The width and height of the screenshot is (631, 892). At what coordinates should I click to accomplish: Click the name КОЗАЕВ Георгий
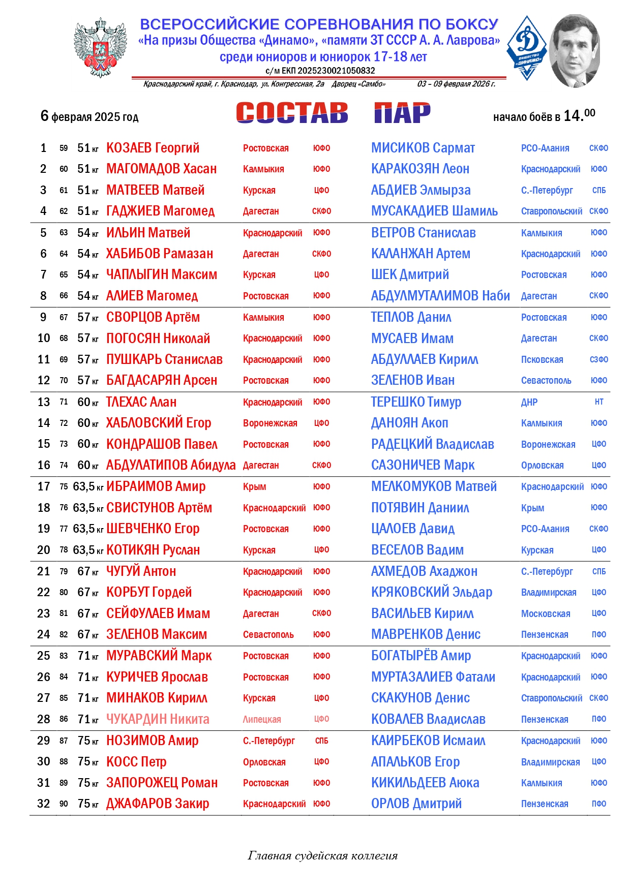tap(153, 148)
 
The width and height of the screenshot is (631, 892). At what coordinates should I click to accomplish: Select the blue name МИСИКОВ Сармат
tap(423, 148)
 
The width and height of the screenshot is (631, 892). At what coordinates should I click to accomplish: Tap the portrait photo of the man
tap(574, 51)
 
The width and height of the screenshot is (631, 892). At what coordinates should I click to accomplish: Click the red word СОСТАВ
tap(292, 113)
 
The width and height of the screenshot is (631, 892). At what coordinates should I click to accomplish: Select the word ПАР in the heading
tap(402, 113)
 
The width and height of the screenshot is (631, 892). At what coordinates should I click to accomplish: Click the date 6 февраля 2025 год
tap(89, 116)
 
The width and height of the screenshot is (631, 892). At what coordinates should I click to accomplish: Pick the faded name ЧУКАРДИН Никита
tap(158, 719)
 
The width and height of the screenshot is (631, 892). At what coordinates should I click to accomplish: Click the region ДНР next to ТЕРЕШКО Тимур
tap(529, 402)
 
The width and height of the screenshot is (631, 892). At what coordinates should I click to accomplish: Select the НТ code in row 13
tap(599, 402)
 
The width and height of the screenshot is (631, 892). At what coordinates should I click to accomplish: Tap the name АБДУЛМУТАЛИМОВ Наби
tap(440, 296)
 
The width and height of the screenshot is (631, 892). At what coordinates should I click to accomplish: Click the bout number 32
tap(44, 804)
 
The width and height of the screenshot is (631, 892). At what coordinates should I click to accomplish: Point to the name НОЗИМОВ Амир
tap(152, 741)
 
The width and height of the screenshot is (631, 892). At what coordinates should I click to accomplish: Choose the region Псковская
tap(542, 360)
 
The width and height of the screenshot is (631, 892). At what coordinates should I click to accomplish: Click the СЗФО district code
tap(599, 360)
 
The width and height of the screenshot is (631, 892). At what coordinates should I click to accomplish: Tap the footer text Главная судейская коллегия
tap(322, 855)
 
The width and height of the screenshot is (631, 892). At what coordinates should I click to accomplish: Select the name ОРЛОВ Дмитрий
tap(416, 804)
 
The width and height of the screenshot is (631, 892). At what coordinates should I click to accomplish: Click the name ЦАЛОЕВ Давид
tap(413, 529)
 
